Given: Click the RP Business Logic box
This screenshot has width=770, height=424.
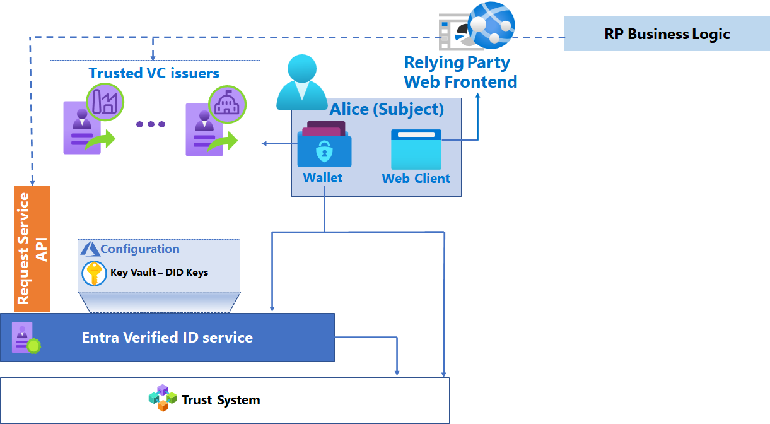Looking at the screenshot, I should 667,34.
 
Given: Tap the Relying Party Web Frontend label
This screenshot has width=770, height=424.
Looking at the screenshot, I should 460,72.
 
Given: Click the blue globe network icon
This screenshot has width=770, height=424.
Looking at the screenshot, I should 491,26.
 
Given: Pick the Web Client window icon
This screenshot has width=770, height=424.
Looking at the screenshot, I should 416,149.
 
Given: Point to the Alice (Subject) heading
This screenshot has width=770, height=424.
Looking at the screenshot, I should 387,109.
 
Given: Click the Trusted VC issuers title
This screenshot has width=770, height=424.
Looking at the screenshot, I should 154,73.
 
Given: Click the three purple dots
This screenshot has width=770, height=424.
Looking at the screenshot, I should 151,124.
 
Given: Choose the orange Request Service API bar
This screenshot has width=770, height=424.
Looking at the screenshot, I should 32,249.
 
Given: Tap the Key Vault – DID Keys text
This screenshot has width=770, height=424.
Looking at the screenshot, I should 159,273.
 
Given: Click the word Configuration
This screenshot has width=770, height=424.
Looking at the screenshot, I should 139,249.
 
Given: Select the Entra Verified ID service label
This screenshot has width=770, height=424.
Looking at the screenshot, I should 167,338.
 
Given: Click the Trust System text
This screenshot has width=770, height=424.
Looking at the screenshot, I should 221,400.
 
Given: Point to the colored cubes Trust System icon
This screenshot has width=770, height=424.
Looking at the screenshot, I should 163,397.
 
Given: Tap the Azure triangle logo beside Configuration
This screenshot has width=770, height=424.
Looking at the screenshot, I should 90,249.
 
